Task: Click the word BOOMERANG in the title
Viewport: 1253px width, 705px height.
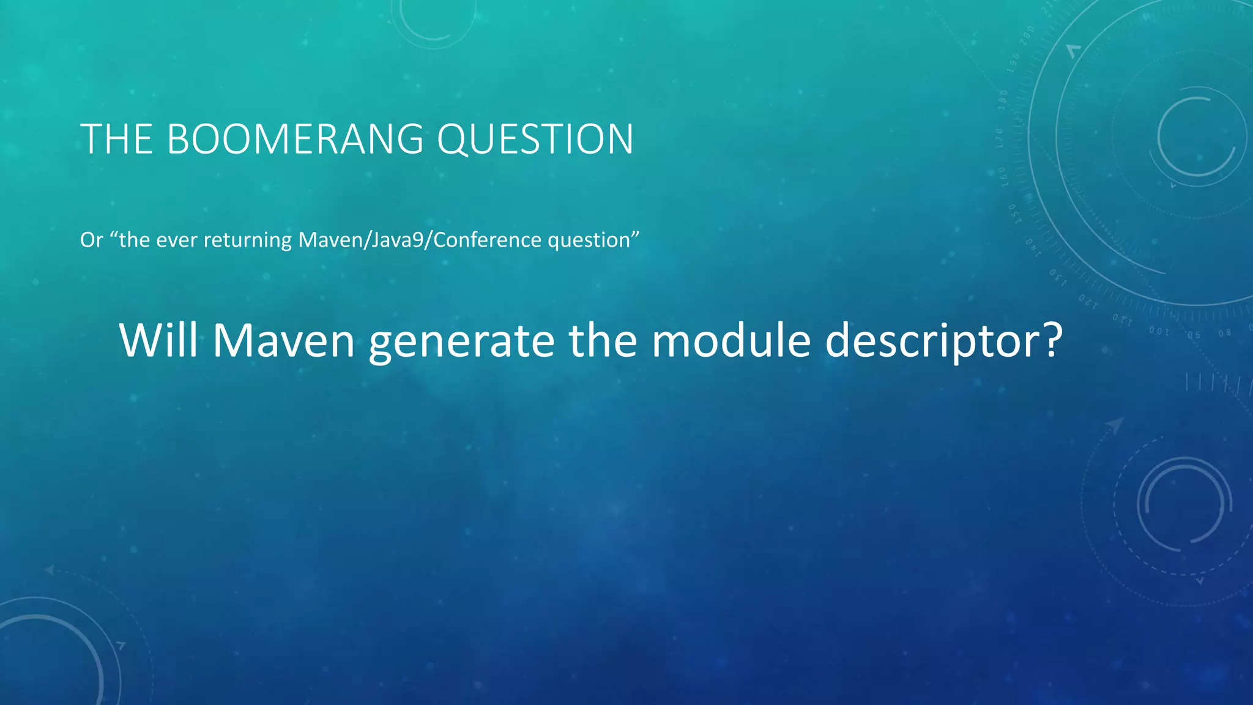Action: (295, 140)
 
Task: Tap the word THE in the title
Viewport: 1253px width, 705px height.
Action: (116, 140)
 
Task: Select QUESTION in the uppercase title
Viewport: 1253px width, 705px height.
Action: (535, 140)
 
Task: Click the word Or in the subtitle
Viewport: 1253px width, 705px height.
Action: (91, 240)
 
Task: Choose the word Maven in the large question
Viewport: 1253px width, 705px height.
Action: (284, 340)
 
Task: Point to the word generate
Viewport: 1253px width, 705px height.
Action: (461, 341)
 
